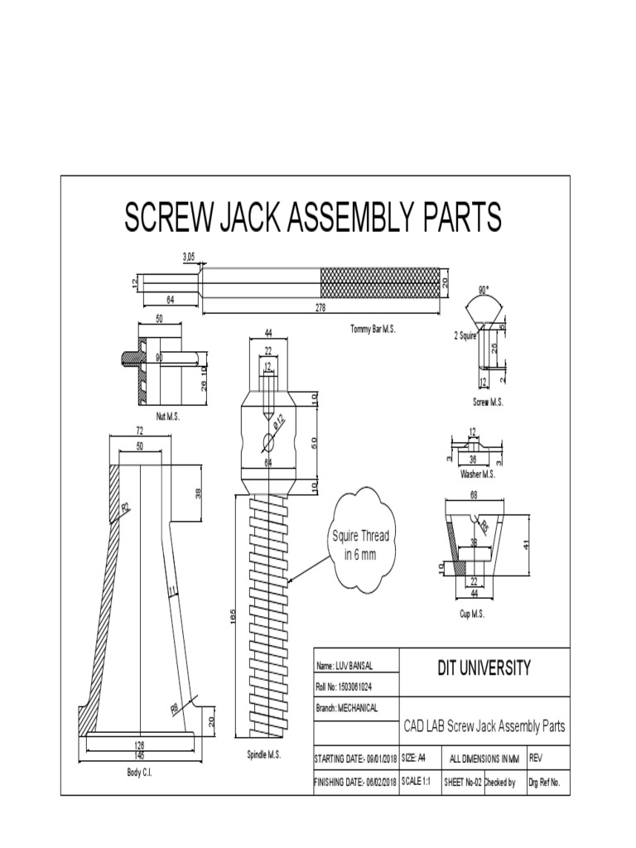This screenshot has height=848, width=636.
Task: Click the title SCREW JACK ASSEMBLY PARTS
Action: pos(313,218)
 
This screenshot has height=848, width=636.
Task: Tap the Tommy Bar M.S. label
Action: pos(373,329)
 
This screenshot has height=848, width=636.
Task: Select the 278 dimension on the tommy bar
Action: pos(321,307)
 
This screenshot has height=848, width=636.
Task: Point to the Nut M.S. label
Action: pos(167,417)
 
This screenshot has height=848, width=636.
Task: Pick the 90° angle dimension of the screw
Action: pos(484,291)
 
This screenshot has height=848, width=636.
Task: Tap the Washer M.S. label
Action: pos(478,474)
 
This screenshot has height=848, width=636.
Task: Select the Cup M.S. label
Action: pos(472,614)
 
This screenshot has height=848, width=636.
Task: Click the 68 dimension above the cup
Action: pos(475,495)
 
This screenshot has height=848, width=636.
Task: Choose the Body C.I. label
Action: pos(138,772)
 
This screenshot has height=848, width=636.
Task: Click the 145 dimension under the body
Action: pos(138,755)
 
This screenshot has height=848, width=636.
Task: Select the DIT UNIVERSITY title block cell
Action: pos(484,668)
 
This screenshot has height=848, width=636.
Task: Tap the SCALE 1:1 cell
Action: pos(418,783)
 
